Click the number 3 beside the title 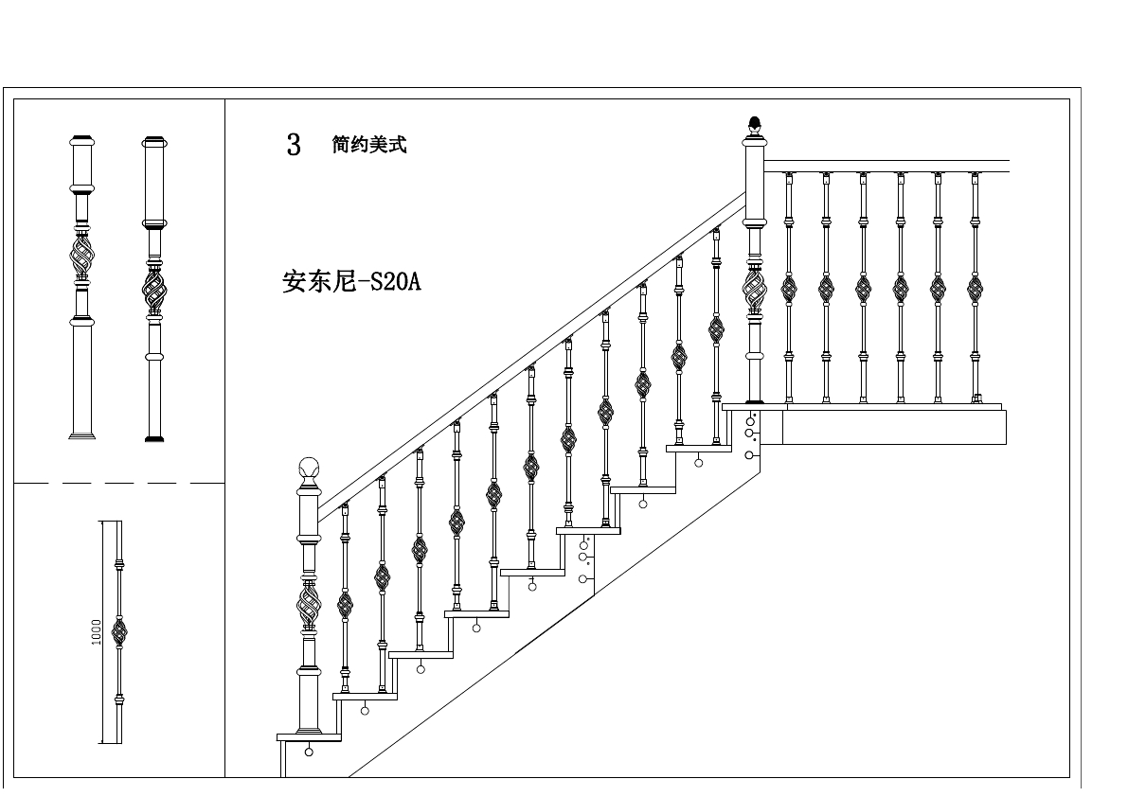(x=294, y=145)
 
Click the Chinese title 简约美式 (x=369, y=145)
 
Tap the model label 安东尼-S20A (x=350, y=282)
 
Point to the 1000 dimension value (x=97, y=632)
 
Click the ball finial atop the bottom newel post (x=309, y=468)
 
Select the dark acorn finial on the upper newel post (x=755, y=123)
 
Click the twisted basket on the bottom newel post (x=309, y=604)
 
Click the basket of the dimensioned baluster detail (x=119, y=631)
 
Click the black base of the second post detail (x=153, y=439)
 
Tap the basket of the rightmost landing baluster (x=975, y=288)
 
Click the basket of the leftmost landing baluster (x=789, y=288)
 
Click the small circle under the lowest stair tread (x=309, y=753)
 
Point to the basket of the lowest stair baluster (x=345, y=605)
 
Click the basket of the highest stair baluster (x=716, y=329)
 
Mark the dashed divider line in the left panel (x=118, y=483)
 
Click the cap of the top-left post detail (x=81, y=139)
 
